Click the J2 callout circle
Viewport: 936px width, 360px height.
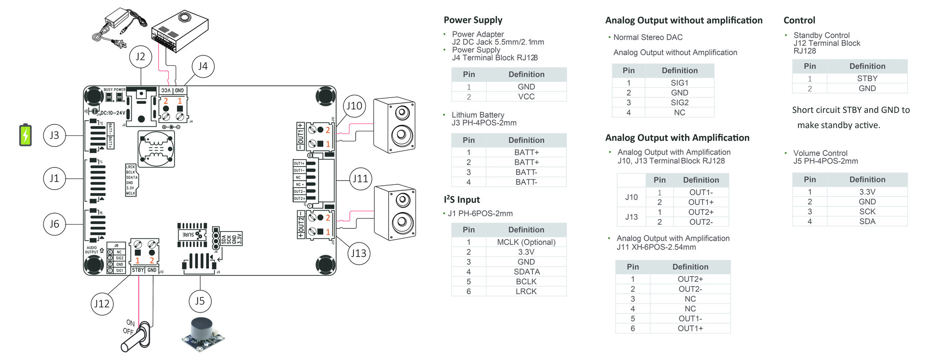pyautogui.click(x=140, y=56)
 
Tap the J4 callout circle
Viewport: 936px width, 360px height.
pyautogui.click(x=203, y=66)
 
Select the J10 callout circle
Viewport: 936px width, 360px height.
pyautogui.click(x=354, y=106)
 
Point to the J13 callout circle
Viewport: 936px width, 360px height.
pyautogui.click(x=358, y=253)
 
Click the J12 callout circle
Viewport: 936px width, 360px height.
pyautogui.click(x=102, y=304)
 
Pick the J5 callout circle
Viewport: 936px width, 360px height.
pyautogui.click(x=200, y=301)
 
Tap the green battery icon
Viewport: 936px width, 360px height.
pyautogui.click(x=26, y=135)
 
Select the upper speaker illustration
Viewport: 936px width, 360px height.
pyautogui.click(x=395, y=125)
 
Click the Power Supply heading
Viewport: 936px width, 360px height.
pyautogui.click(x=473, y=20)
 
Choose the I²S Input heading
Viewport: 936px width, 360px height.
pyautogui.click(x=461, y=200)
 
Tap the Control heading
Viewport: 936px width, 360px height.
pyautogui.click(x=799, y=21)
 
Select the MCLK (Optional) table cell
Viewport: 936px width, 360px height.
pyautogui.click(x=526, y=242)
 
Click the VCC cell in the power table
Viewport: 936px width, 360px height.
pyautogui.click(x=526, y=97)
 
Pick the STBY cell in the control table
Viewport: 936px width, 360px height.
pyautogui.click(x=867, y=79)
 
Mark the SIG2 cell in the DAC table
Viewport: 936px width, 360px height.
pyautogui.click(x=679, y=103)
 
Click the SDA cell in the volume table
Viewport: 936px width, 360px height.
pyautogui.click(x=867, y=222)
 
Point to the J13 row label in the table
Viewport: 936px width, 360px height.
pyautogui.click(x=631, y=217)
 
